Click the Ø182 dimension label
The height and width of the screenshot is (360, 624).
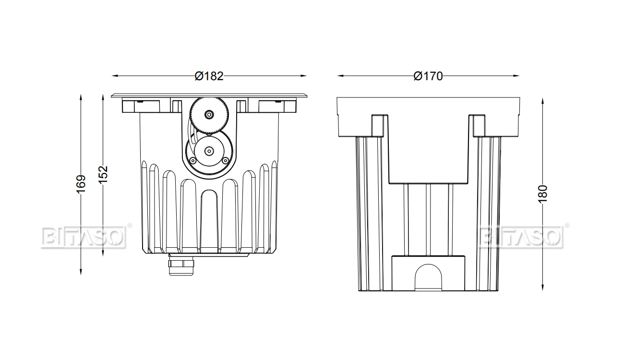click(209, 76)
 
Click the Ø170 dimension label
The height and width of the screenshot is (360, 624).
click(428, 76)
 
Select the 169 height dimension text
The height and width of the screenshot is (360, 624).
click(81, 184)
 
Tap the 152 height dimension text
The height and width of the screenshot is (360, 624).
click(103, 174)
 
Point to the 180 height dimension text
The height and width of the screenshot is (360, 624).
click(543, 194)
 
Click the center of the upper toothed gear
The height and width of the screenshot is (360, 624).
click(209, 114)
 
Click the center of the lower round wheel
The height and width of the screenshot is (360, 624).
click(209, 151)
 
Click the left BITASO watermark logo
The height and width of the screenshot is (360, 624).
click(84, 237)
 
